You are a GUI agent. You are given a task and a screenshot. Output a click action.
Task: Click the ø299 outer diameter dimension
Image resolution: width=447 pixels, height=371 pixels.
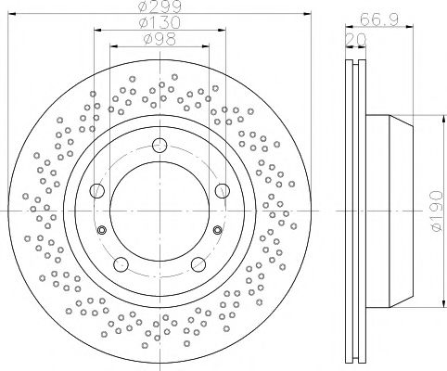tap(157, 7)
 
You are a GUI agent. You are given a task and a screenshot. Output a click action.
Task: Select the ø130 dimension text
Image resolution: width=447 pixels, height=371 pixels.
tap(157, 23)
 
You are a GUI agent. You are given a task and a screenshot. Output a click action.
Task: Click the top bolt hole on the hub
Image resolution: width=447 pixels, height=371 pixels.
tap(160, 145)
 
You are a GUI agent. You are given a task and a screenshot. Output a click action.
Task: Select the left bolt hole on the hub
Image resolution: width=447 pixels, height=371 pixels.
tap(96, 191)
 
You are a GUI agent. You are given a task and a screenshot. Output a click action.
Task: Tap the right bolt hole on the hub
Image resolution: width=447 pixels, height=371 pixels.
tap(222, 191)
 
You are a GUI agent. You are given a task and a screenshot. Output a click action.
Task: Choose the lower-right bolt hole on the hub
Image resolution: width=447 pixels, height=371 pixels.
tap(198, 264)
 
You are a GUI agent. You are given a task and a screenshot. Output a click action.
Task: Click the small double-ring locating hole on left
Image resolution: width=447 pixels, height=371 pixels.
tap(102, 230)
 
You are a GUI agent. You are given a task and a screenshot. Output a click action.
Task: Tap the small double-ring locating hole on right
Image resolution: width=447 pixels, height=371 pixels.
tap(216, 230)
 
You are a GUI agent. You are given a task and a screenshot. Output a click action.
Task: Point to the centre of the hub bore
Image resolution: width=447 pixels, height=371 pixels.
tap(160, 211)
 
